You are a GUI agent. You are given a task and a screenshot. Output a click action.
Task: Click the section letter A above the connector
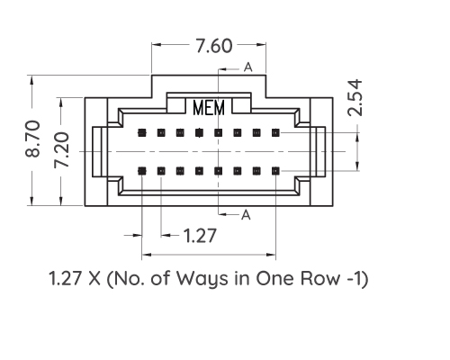(x=247, y=67)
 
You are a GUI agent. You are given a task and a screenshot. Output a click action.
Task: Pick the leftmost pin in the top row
(x=141, y=132)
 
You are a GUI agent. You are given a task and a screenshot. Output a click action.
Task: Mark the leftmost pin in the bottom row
(x=141, y=168)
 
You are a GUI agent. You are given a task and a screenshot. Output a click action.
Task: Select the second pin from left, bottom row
(x=160, y=168)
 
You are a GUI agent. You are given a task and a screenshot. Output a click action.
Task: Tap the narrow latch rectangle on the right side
(x=322, y=151)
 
